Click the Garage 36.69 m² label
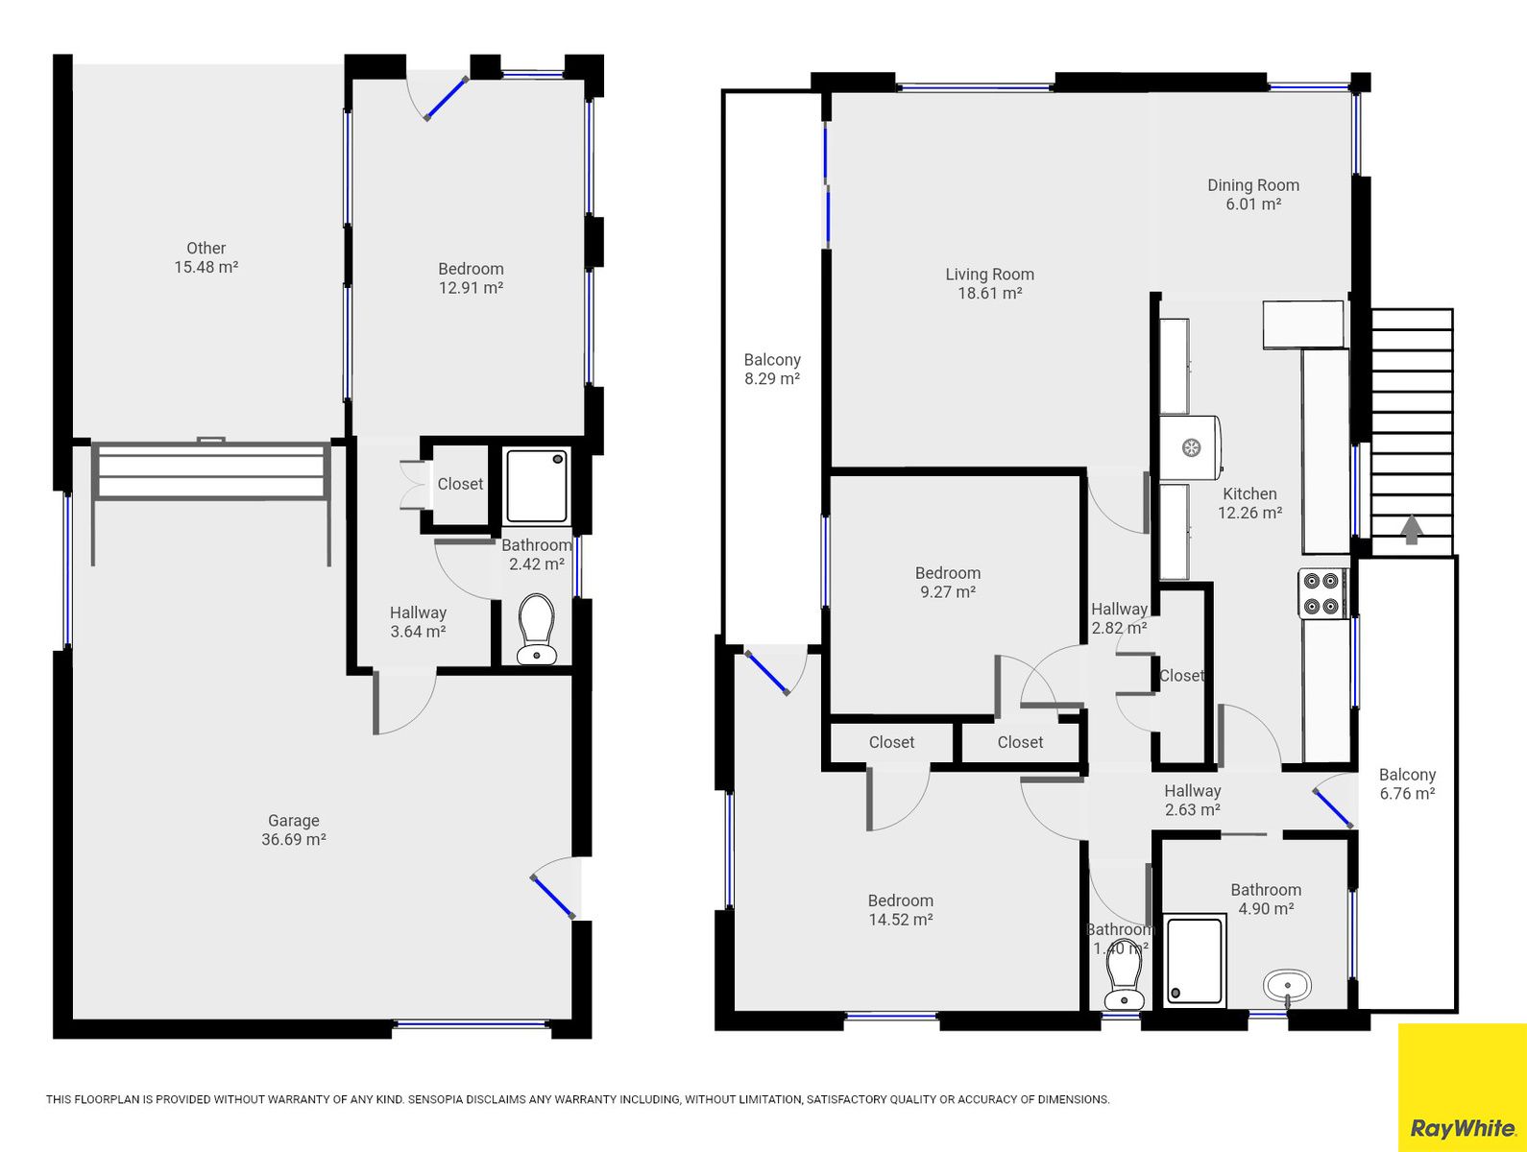point(294,830)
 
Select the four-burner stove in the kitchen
point(1322,593)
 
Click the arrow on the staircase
point(1411,530)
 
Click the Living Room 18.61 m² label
point(989,283)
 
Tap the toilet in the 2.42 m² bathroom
point(536,629)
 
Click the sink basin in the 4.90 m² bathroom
point(1287,987)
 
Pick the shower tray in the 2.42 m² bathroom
point(536,485)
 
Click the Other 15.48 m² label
point(206,257)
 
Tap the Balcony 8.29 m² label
point(772,370)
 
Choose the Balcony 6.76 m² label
point(1407,783)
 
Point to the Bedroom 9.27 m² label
point(948,582)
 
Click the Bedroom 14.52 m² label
point(900,909)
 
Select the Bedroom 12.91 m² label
point(471,278)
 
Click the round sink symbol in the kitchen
point(1191,447)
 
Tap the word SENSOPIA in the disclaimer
point(434,1099)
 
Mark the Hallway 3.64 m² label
point(418,621)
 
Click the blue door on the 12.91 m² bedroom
point(446,99)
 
